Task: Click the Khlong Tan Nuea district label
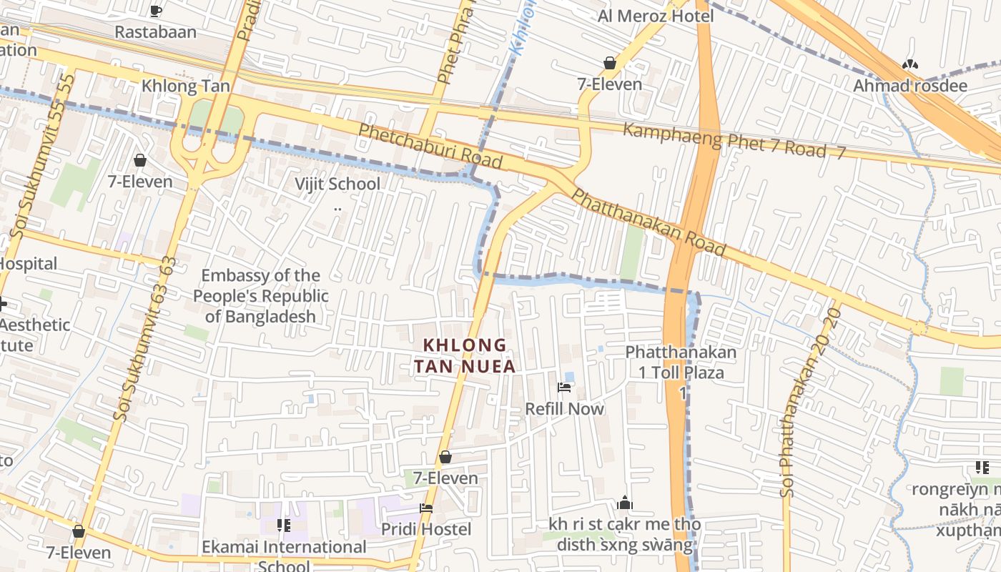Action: pyautogui.click(x=465, y=355)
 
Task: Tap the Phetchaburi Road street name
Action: pyautogui.click(x=430, y=147)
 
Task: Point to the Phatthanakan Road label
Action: pyautogui.click(x=649, y=222)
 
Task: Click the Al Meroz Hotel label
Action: pyautogui.click(x=656, y=16)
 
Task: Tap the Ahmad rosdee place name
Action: pyautogui.click(x=910, y=86)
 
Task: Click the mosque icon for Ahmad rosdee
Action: pyautogui.click(x=909, y=64)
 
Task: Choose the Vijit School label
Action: pyautogui.click(x=337, y=184)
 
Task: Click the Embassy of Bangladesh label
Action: pyautogui.click(x=261, y=295)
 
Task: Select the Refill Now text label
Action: pyautogui.click(x=564, y=409)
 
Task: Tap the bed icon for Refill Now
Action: pyautogui.click(x=564, y=388)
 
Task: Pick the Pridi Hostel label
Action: pyautogui.click(x=426, y=529)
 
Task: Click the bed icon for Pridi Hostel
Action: pyautogui.click(x=426, y=508)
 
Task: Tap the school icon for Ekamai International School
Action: pyautogui.click(x=284, y=526)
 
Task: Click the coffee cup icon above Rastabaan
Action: pyautogui.click(x=156, y=11)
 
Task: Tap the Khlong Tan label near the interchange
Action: pyautogui.click(x=186, y=86)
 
